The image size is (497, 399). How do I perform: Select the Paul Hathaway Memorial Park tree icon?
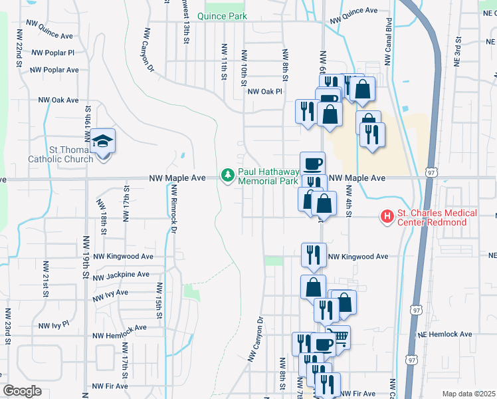click(x=228, y=176)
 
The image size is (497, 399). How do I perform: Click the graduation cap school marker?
click(x=103, y=142)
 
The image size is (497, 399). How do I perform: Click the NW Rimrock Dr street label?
click(x=172, y=209)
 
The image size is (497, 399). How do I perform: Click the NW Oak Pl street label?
click(x=265, y=92)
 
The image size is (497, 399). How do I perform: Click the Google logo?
click(x=21, y=391)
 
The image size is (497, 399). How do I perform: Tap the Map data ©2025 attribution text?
click(x=469, y=394)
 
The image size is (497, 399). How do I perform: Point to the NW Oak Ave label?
click(x=58, y=100)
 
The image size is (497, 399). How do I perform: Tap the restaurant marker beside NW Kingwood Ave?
click(x=314, y=254)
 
